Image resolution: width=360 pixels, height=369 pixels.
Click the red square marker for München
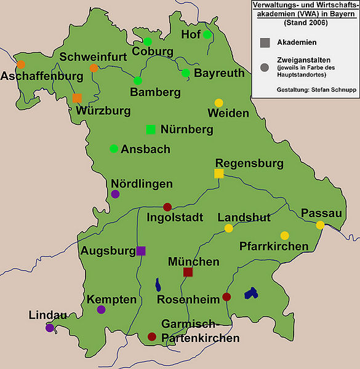pyautogui.click(x=188, y=272)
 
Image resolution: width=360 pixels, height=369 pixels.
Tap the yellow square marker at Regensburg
pyautogui.click(x=218, y=174)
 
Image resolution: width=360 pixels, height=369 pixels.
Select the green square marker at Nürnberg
pyautogui.click(x=151, y=129)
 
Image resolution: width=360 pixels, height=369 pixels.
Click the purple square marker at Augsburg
pyautogui.click(x=141, y=250)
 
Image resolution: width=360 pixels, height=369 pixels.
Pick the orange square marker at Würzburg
pyautogui.click(x=77, y=98)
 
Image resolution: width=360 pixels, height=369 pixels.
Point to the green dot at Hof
pyautogui.click(x=207, y=34)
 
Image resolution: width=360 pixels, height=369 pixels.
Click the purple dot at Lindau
pyautogui.click(x=50, y=328)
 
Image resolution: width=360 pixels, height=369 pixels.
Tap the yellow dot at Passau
pyautogui.click(x=320, y=226)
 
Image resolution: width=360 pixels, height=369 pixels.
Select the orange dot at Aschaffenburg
pyautogui.click(x=22, y=65)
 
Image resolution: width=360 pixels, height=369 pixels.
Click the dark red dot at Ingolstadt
pyautogui.click(x=167, y=207)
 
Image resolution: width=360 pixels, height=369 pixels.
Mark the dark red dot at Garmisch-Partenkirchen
pyautogui.click(x=151, y=336)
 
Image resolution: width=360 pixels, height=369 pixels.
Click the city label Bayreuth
pyautogui.click(x=220, y=74)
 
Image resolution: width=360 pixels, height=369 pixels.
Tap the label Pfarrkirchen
pyautogui.click(x=274, y=247)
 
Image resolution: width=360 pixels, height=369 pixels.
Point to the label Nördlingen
pyautogui.click(x=142, y=184)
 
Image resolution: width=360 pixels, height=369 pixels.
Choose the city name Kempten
pyautogui.click(x=111, y=300)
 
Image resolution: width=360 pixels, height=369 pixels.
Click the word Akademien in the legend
pyautogui.click(x=297, y=42)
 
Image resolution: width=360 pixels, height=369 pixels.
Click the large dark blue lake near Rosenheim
pyautogui.click(x=250, y=294)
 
